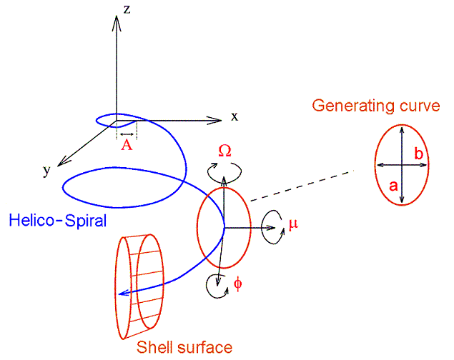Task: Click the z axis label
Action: tap(127, 9)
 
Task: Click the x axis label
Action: tap(235, 116)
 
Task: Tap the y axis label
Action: tap(46, 171)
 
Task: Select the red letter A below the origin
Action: tap(127, 145)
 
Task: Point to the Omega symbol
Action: tap(224, 151)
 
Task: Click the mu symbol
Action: tap(293, 224)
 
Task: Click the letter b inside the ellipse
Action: tap(419, 154)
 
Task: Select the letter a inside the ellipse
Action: tap(393, 186)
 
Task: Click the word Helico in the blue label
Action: tap(32, 220)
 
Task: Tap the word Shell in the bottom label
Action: tap(154, 347)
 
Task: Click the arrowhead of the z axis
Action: tap(117, 23)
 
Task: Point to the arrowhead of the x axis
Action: tap(214, 120)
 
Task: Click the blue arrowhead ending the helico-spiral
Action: tap(124, 293)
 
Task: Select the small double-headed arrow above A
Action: tap(127, 134)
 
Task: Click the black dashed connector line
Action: tap(302, 185)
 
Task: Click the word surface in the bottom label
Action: tap(204, 347)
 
